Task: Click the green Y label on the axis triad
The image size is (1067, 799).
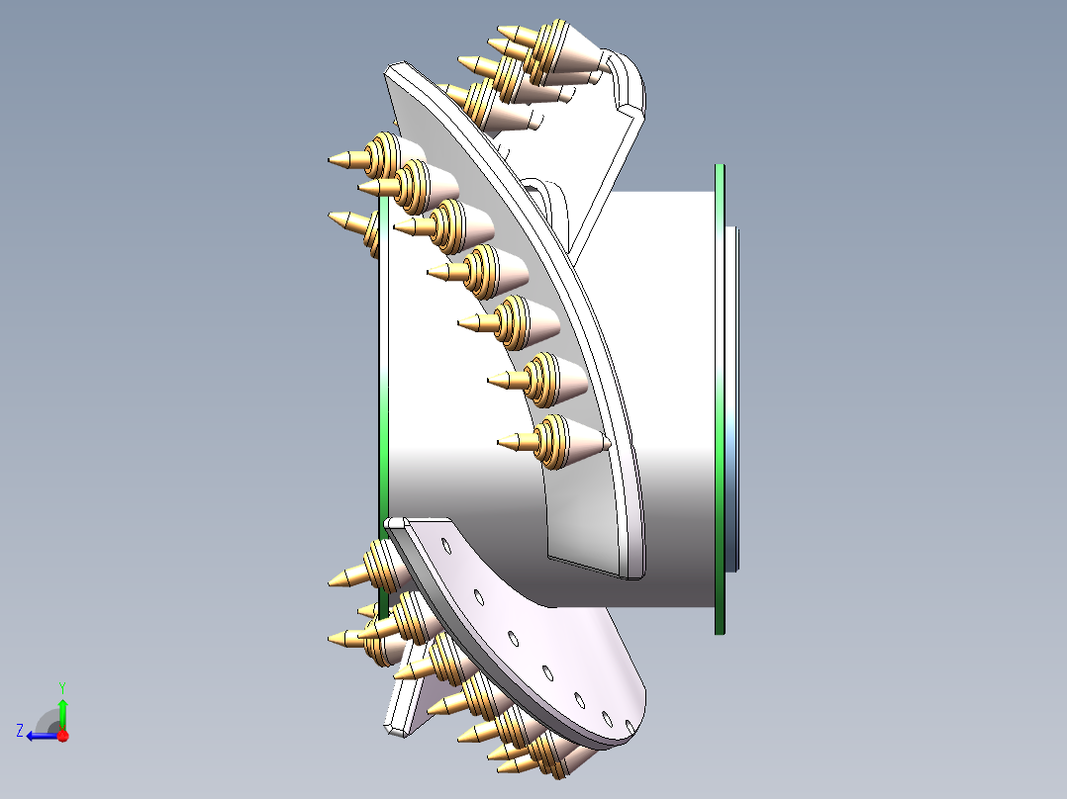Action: pos(61,686)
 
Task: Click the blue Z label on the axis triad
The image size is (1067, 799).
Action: pos(20,730)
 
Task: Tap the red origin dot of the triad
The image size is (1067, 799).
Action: pos(62,736)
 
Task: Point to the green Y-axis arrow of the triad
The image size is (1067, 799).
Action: pos(62,710)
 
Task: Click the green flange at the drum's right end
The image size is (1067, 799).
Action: pos(721,396)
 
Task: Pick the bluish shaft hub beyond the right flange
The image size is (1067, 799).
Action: pos(732,396)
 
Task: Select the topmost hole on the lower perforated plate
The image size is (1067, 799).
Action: pos(446,546)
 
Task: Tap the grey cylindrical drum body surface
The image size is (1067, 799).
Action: pos(653,396)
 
